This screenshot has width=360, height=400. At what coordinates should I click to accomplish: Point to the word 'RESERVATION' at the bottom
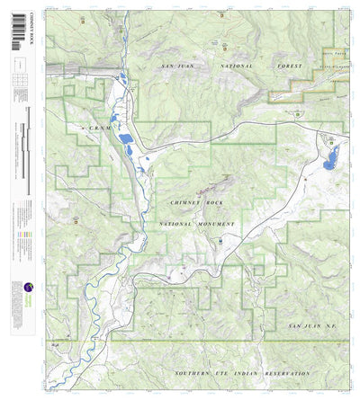(x=280, y=372)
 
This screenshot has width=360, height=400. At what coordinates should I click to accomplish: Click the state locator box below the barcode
(x=18, y=64)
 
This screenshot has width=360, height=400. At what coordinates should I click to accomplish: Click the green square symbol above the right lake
(x=330, y=140)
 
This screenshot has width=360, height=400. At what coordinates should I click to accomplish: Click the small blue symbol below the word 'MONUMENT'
(x=219, y=241)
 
